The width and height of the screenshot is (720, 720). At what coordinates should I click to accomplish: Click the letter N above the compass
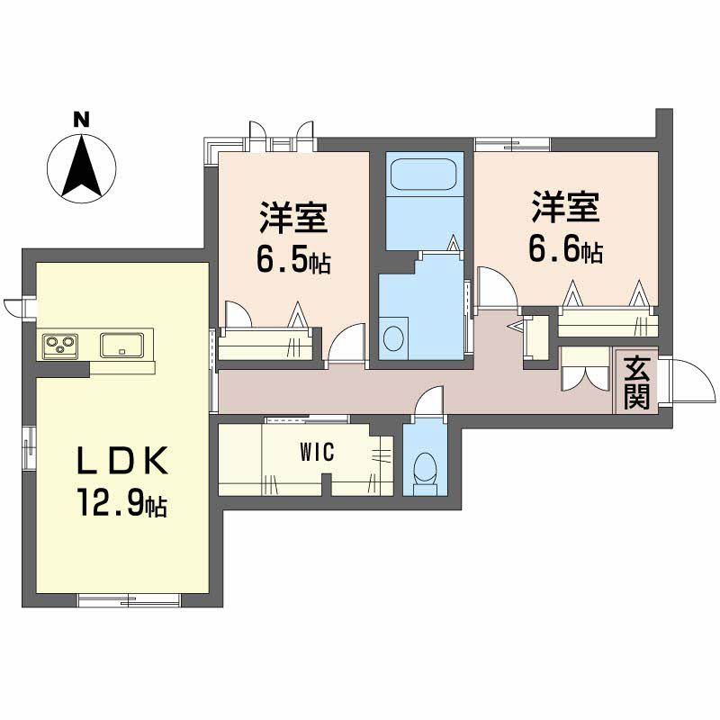(82, 119)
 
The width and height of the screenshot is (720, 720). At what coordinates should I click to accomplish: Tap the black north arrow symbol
(82, 166)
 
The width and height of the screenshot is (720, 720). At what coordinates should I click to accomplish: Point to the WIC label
(317, 452)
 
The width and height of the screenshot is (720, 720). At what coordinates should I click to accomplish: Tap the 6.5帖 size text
(293, 260)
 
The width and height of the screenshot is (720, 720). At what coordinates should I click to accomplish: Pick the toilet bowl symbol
(424, 467)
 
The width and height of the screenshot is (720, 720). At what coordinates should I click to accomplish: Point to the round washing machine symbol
(394, 338)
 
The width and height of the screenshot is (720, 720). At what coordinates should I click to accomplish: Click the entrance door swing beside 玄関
(686, 382)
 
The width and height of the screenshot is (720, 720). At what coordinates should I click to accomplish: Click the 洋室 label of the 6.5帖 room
(293, 215)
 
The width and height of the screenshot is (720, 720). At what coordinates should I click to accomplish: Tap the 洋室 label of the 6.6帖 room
(564, 208)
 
